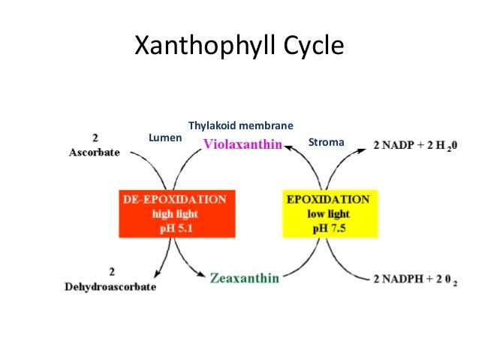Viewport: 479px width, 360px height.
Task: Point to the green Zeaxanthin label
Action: click(245, 278)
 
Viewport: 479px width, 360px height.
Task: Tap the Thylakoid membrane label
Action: click(240, 125)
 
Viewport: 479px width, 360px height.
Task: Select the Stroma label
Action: click(326, 141)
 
